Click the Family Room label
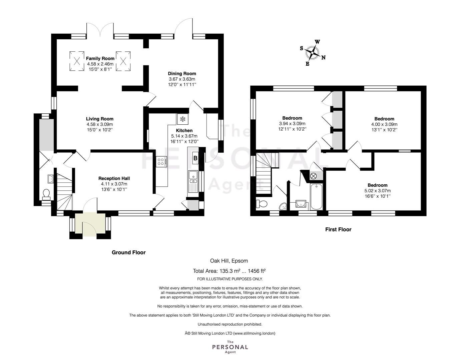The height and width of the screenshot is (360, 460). click(x=100, y=58)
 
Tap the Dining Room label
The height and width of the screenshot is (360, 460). click(x=182, y=74)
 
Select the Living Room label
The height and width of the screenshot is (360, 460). click(x=100, y=119)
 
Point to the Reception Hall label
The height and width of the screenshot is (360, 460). click(x=114, y=178)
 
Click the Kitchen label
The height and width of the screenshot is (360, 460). click(x=184, y=131)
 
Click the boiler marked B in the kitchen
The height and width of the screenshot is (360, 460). click(x=195, y=158)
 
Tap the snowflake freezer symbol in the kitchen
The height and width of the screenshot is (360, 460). click(x=182, y=119)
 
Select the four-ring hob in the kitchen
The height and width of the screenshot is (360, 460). click(x=161, y=162)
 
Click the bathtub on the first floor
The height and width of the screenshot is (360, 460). click(x=317, y=196)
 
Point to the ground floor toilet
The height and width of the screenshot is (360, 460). click(x=46, y=195)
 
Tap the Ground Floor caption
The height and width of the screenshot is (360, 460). click(x=129, y=252)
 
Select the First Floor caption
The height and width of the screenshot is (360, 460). click(x=338, y=229)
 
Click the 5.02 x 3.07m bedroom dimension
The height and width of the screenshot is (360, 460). click(x=378, y=191)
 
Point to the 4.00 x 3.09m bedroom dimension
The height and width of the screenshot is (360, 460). click(x=384, y=124)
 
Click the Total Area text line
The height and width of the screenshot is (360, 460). click(x=229, y=271)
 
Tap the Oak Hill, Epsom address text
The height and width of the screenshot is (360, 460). click(x=229, y=261)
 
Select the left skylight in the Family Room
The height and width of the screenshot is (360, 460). click(x=77, y=61)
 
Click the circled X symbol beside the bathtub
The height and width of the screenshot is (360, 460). click(x=314, y=176)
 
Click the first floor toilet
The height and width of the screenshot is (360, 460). click(x=262, y=204)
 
